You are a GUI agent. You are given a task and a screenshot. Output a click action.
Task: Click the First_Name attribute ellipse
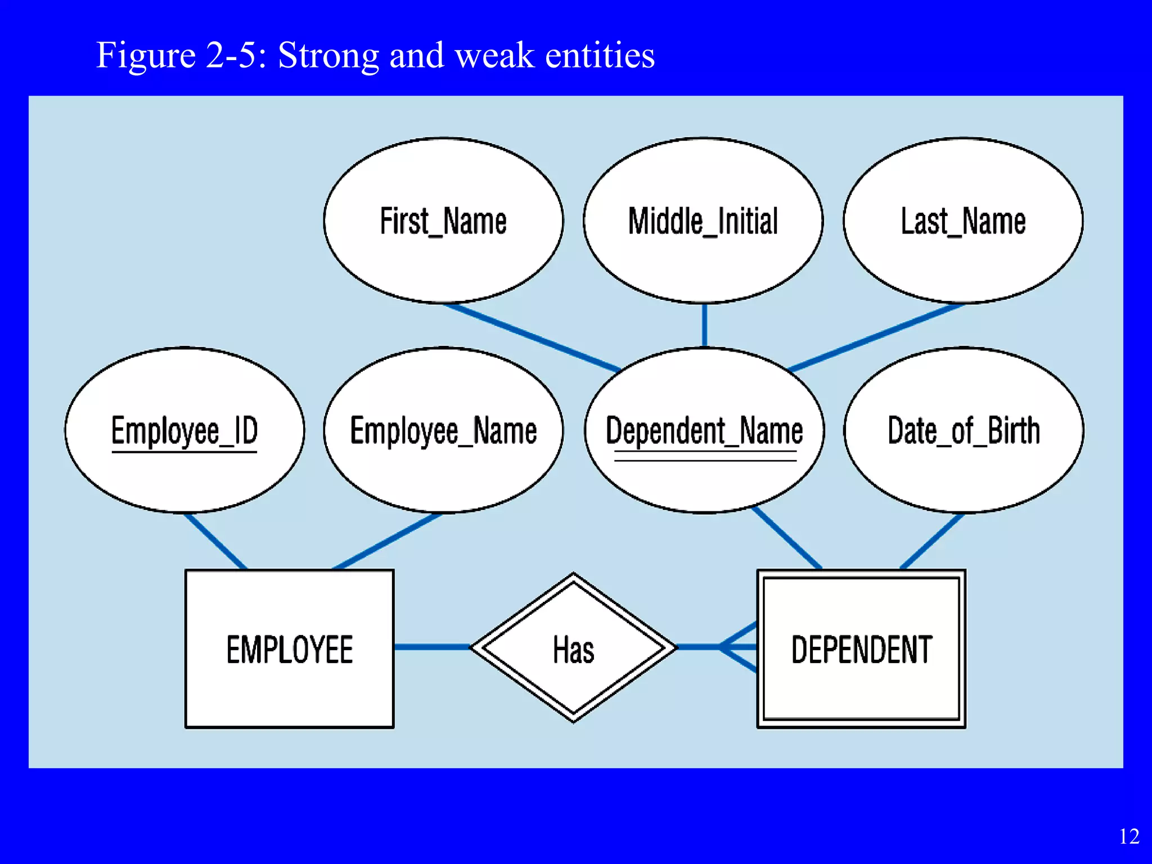point(443,220)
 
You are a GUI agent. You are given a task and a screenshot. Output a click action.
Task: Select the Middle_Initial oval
point(703,220)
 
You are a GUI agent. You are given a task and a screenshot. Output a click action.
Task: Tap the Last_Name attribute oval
point(963,220)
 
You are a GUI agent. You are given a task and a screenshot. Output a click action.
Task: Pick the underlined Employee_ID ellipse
point(184,430)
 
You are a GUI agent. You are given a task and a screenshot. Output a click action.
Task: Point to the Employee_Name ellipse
point(443,430)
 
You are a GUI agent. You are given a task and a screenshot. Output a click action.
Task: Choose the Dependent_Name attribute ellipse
point(704,430)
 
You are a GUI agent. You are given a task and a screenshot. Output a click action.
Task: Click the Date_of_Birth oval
point(964,430)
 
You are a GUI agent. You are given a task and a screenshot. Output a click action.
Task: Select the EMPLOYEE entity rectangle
point(290,649)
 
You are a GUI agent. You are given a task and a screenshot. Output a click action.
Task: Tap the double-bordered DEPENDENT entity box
point(861,649)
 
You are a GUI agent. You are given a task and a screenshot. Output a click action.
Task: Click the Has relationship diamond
point(573,649)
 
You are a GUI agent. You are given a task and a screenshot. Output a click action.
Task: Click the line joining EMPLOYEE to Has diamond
point(432,647)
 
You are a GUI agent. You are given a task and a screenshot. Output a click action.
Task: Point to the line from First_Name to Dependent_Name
point(532,337)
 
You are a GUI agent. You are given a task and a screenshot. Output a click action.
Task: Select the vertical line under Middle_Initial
point(704,325)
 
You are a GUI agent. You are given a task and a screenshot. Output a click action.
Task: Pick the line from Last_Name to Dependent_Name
point(876,337)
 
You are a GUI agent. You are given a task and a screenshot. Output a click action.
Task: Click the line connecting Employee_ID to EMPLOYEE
point(215,541)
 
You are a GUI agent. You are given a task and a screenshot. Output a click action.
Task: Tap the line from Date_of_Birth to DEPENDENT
point(933,541)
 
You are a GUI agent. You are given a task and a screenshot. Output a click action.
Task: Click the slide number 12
point(1129,836)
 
